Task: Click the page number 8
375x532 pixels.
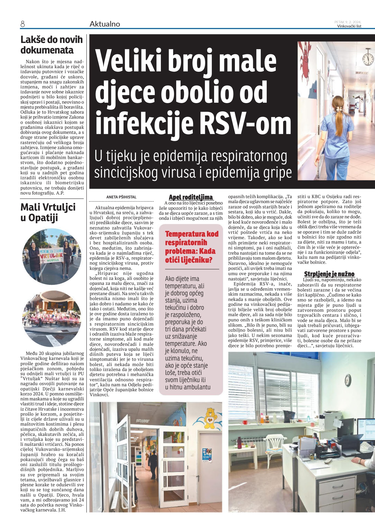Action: click(22, 24)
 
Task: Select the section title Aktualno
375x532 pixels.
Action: click(105, 24)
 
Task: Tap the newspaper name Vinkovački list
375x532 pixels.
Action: click(349, 26)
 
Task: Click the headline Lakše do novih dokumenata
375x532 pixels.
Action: click(52, 45)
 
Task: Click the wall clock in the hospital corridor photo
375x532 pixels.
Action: click(368, 57)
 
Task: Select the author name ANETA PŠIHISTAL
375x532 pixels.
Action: click(121, 197)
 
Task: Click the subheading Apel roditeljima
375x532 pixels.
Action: click(191, 197)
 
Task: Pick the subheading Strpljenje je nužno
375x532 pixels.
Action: click(329, 274)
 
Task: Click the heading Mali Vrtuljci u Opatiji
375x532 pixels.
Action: click(48, 212)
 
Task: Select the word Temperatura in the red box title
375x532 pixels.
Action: click(185, 234)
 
